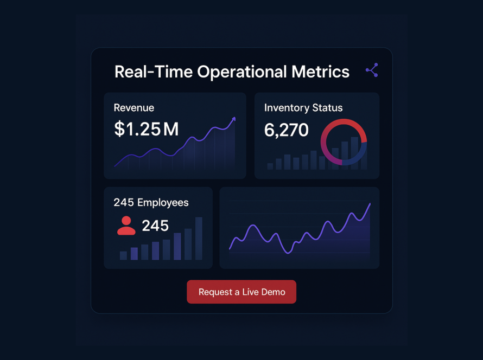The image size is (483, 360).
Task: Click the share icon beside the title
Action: point(372,70)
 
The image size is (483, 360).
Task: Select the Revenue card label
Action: point(134,108)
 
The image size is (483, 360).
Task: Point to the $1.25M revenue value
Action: point(147,129)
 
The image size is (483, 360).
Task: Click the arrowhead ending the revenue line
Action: point(234,119)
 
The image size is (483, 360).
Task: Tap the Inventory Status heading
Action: point(303,108)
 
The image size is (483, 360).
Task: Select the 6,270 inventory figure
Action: point(286,130)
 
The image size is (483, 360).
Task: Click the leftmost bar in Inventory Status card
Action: point(270,166)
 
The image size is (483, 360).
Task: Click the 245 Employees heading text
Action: point(151,203)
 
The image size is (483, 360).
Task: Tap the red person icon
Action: point(126,226)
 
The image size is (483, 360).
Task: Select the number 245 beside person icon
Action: point(155,226)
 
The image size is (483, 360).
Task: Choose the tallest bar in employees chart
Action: point(199,239)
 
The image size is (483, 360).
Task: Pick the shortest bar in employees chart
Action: point(123,255)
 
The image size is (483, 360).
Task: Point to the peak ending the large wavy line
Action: point(370,205)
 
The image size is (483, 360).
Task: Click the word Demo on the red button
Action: point(273,292)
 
